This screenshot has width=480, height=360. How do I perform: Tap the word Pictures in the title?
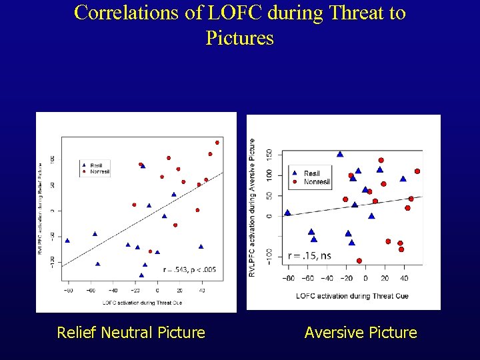(240, 38)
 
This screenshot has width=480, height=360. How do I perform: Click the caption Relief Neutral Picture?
(131, 332)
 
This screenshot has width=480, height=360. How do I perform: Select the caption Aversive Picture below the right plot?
(361, 332)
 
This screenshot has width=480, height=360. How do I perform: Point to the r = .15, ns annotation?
(309, 255)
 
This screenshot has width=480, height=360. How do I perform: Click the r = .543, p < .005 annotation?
(189, 269)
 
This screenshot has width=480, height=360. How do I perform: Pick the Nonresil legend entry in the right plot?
(316, 181)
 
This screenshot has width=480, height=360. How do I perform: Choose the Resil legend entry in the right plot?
(311, 173)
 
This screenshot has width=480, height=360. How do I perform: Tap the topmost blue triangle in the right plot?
(340, 154)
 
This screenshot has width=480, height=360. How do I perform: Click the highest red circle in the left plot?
(217, 143)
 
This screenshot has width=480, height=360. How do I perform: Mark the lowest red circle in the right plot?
(359, 261)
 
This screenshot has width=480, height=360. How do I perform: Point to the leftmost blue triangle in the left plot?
(67, 240)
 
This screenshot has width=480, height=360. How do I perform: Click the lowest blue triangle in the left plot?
(141, 275)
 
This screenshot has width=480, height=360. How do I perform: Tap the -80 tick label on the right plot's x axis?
(288, 278)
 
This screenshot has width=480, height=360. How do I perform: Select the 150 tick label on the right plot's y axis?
(269, 153)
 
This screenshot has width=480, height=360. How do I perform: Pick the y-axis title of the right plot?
(253, 207)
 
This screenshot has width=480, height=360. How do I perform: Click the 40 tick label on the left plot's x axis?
(202, 290)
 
